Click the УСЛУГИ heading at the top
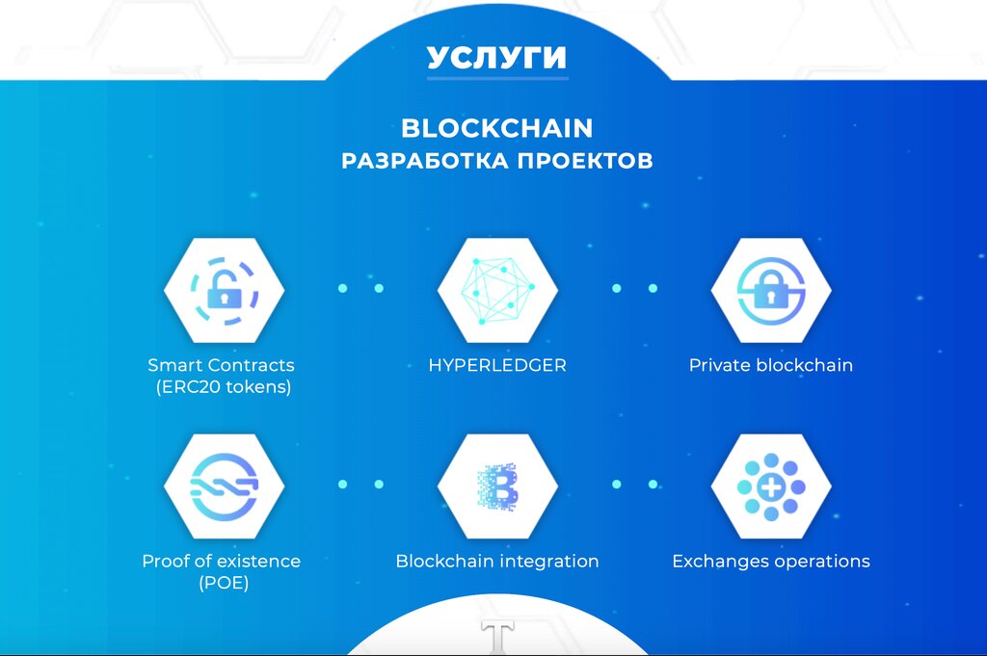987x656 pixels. click(x=496, y=57)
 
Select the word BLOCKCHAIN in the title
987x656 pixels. click(x=496, y=128)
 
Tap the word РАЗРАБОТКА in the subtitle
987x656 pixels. click(x=424, y=160)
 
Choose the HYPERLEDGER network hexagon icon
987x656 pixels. click(x=497, y=289)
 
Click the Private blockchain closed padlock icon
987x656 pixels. click(x=771, y=289)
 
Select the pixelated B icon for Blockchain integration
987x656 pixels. click(x=497, y=485)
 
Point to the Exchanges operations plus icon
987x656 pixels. click(x=771, y=485)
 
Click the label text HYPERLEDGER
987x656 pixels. click(x=497, y=366)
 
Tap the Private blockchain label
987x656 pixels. click(x=771, y=366)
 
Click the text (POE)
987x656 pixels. click(x=222, y=583)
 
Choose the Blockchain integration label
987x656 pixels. click(x=497, y=561)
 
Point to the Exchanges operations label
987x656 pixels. click(x=771, y=561)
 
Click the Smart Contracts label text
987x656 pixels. click(x=222, y=366)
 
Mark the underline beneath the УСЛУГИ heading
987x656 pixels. click(x=497, y=78)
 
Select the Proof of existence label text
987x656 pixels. click(x=222, y=561)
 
